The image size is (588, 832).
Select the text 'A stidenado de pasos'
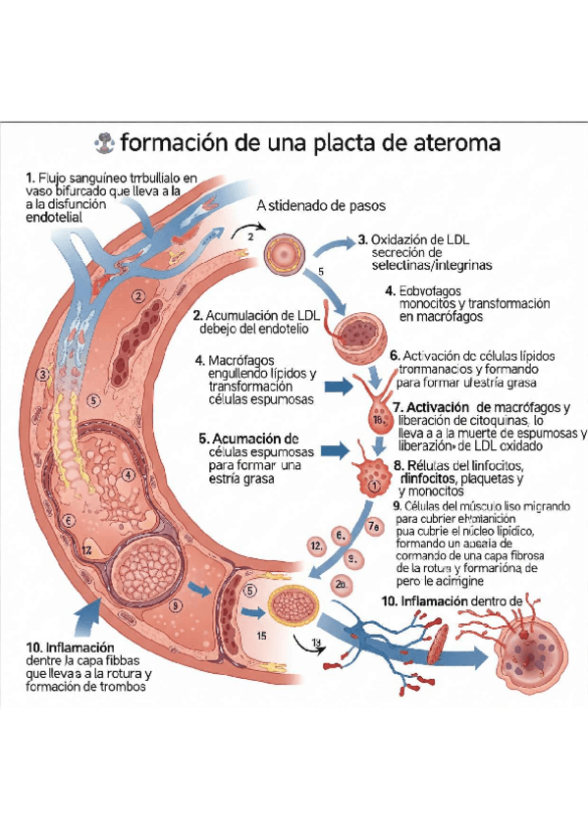(320, 207)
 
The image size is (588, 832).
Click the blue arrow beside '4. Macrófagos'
(336, 387)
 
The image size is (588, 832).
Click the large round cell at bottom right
(531, 651)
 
